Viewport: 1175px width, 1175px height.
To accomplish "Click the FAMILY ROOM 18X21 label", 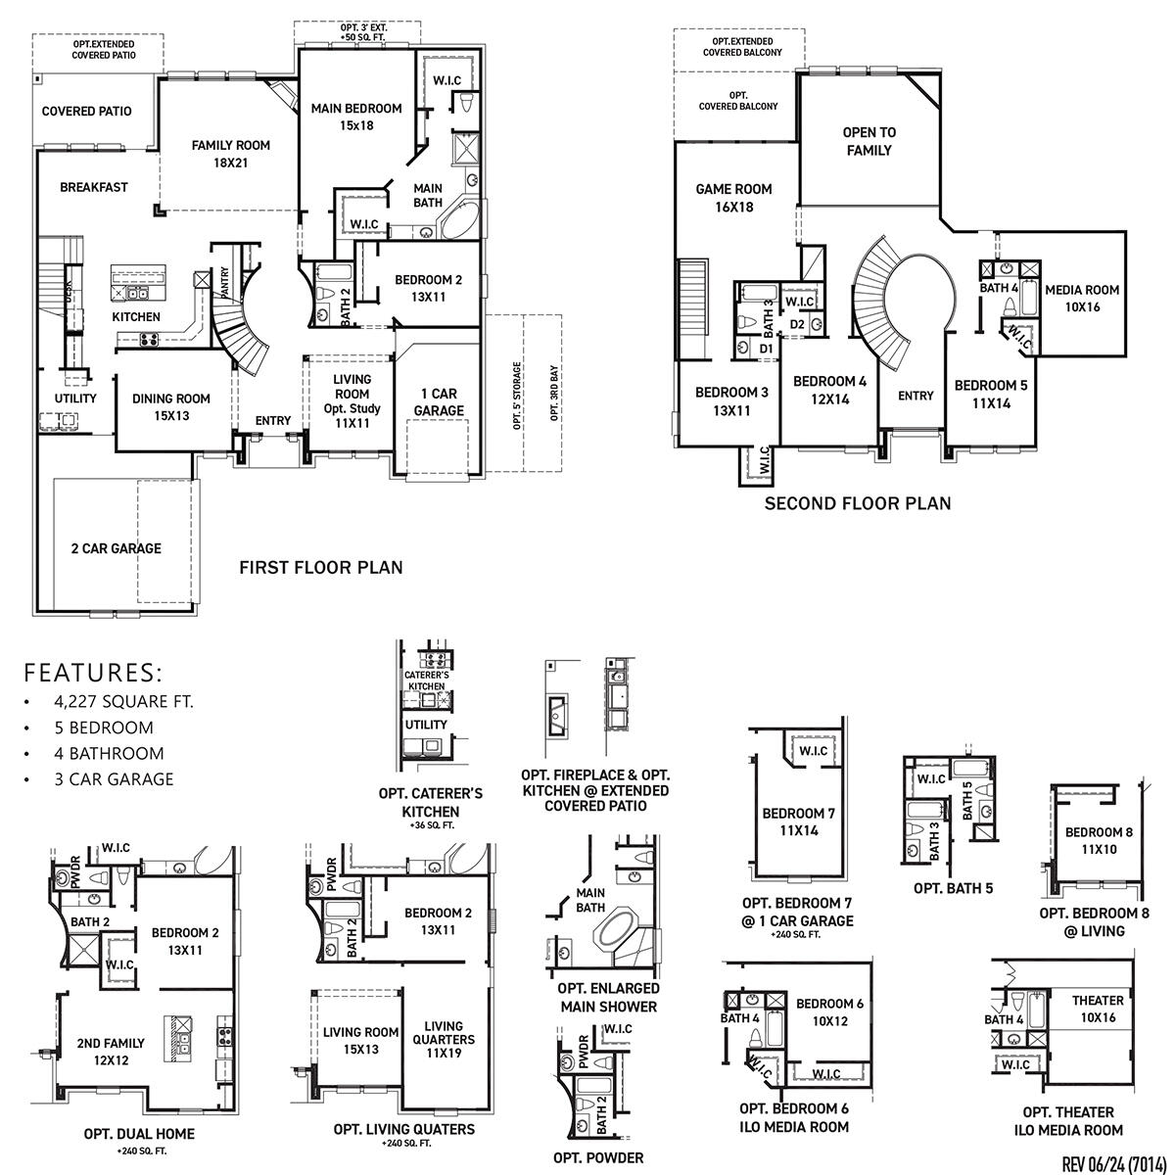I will coord(230,155).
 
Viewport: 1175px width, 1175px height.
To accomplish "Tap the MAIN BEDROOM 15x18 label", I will coord(356,117).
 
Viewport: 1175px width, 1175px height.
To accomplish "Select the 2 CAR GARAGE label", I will coord(116,548).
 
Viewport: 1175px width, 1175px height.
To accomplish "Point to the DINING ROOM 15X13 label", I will coord(171,406).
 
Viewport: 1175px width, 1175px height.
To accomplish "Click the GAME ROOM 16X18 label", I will coord(733,198).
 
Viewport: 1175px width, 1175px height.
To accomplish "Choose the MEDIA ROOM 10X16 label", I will coord(1081,298).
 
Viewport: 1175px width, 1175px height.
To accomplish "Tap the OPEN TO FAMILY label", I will coord(869,141).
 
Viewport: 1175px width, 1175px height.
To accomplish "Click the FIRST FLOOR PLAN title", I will coord(321,567).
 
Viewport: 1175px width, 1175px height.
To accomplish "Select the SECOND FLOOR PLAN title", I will coord(857,504).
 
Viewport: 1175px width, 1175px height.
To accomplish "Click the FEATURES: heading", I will coord(93,673).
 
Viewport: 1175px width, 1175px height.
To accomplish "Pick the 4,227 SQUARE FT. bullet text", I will coord(124,701).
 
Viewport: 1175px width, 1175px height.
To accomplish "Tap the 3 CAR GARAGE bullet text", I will coord(115,779).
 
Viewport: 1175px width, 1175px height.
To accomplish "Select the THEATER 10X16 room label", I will coord(1098,1009).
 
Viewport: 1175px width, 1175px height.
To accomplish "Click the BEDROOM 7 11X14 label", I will coord(799,822).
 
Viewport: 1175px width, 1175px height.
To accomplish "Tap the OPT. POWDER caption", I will coord(598,1157).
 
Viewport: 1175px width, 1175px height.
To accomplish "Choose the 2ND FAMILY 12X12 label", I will coord(111,1052).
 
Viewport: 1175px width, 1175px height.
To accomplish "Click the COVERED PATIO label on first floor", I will coord(86,112).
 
